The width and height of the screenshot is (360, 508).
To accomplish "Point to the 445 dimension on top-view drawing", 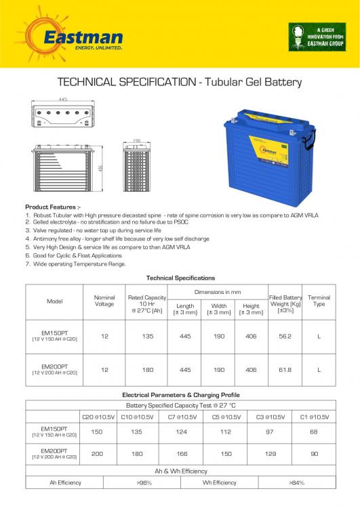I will click(62, 99).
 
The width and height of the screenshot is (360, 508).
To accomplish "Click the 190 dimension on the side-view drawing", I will click(136, 142).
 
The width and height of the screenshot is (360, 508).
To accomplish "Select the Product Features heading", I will click(52, 207).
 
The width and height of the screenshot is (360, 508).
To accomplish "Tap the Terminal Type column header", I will click(319, 301).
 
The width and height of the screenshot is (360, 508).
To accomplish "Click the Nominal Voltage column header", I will click(103, 301).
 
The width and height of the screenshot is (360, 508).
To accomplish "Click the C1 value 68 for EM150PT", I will click(314, 431).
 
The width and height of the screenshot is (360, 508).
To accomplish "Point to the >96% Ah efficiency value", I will click(144, 482).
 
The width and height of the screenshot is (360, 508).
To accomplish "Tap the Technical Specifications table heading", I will click(180, 278).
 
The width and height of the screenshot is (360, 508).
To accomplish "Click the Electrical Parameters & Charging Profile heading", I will click(180, 394).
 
